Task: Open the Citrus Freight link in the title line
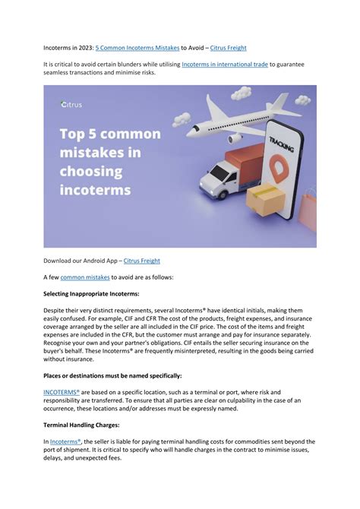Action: pos(224,46)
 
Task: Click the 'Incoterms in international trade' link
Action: pos(225,65)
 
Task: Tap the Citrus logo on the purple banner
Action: pos(72,106)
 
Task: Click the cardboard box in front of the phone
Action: pos(267,199)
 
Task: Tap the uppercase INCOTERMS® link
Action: pos(62,392)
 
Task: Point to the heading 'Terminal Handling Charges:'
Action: pos(84,425)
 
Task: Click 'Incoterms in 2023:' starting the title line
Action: pos(68,46)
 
